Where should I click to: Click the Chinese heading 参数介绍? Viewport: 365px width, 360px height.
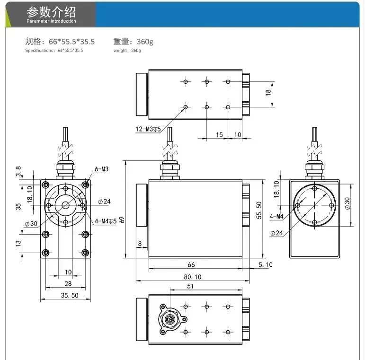[x=51, y=12]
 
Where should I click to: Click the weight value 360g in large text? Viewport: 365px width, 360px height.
[x=145, y=42]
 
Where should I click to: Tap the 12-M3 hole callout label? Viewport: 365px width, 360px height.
[x=148, y=129]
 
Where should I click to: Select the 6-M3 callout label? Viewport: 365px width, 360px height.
[x=101, y=169]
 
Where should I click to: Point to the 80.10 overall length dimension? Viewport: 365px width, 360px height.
[x=193, y=277]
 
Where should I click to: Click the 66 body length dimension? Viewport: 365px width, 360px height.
[x=191, y=264]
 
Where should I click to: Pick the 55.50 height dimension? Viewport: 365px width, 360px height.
[x=259, y=210]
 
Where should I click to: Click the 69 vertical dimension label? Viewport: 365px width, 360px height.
[x=122, y=220]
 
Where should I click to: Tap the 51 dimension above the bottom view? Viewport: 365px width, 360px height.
[x=190, y=286]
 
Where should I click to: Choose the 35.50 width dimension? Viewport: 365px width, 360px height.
[x=70, y=295]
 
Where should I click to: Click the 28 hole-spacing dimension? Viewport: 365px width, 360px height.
[x=68, y=284]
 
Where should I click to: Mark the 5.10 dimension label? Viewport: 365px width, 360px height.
[x=266, y=264]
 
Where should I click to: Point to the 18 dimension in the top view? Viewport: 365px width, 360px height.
[x=268, y=92]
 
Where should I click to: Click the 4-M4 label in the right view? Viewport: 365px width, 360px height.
[x=276, y=216]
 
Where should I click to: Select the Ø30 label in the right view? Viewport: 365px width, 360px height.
[x=347, y=203]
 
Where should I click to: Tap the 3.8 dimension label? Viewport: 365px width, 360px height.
[x=18, y=171]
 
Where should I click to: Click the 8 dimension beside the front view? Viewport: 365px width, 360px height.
[x=140, y=244]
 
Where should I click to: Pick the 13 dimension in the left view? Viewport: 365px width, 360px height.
[x=18, y=244]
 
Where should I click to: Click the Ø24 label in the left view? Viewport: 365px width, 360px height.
[x=104, y=202]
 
